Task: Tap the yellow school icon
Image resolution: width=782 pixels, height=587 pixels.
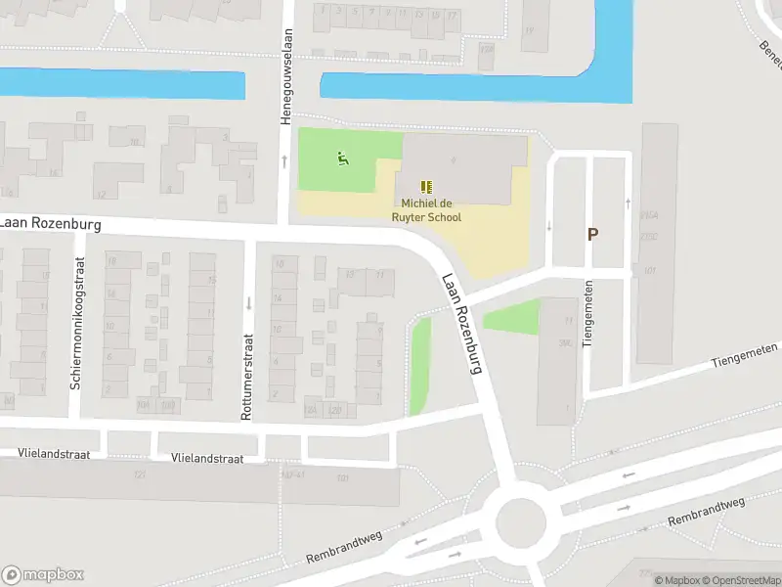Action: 426,186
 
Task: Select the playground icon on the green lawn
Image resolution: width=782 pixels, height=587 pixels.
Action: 342,158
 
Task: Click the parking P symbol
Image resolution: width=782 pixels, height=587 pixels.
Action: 592,234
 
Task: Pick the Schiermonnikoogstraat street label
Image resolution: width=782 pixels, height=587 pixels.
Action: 77,323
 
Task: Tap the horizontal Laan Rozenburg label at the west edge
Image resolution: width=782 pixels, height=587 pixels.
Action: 51,224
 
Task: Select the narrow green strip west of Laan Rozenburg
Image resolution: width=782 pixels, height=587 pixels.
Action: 420,365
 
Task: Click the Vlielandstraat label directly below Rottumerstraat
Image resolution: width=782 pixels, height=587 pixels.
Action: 205,458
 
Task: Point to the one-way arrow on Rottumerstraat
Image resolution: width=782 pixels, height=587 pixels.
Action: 248,303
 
